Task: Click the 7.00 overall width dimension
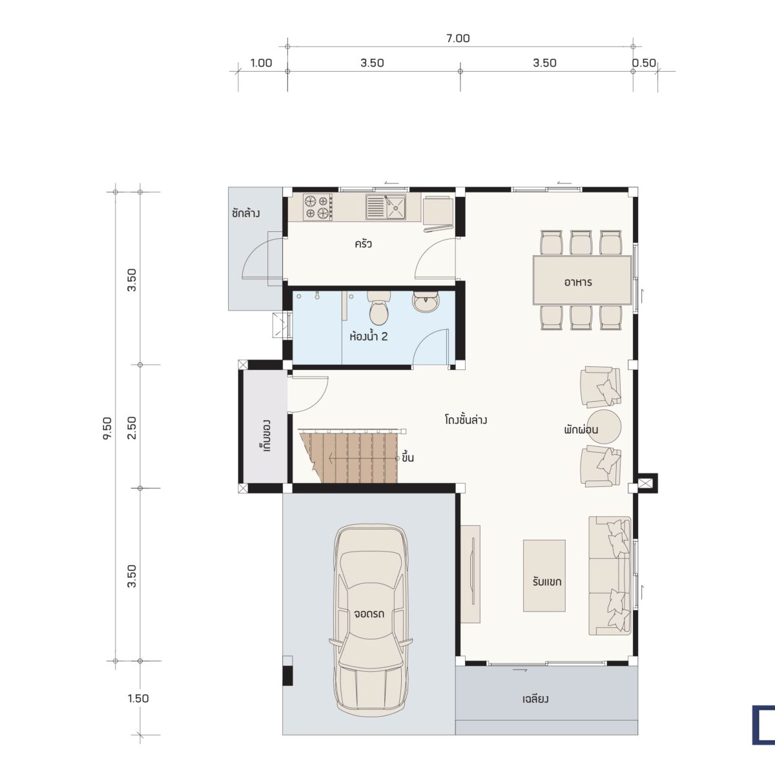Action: (458, 38)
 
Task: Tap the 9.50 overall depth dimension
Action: (107, 429)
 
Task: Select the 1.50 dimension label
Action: (138, 699)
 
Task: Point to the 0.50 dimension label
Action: (644, 63)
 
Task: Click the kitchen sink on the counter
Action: (386, 207)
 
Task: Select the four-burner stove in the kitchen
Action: (318, 207)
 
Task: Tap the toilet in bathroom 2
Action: (378, 307)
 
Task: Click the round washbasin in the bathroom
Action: (426, 302)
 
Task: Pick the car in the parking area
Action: (371, 623)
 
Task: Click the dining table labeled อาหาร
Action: (582, 280)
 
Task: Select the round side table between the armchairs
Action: (604, 426)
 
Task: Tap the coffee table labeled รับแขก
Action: (544, 576)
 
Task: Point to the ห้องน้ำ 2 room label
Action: (368, 336)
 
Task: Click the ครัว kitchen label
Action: (363, 243)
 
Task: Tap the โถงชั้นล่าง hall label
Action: (466, 420)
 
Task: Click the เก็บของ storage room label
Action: (265, 436)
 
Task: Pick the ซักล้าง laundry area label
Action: (245, 212)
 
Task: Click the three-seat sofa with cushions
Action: (610, 576)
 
